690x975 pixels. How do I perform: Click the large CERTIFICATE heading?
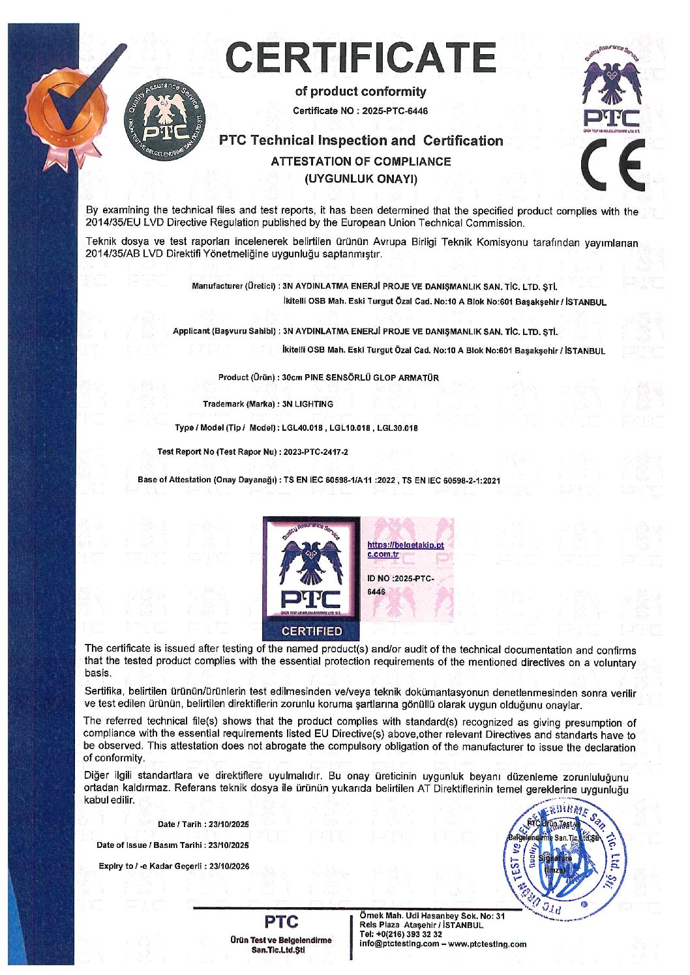tap(361, 57)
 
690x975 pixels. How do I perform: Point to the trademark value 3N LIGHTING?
tap(307, 404)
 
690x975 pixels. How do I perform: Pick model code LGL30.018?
tap(397, 428)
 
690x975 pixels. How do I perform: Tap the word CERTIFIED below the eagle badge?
tap(311, 631)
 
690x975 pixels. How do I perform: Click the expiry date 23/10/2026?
tap(228, 866)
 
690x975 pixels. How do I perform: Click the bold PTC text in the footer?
tap(281, 922)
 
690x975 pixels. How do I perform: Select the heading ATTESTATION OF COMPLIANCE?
tap(361, 162)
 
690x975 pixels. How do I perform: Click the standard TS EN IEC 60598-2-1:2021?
tap(451, 480)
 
